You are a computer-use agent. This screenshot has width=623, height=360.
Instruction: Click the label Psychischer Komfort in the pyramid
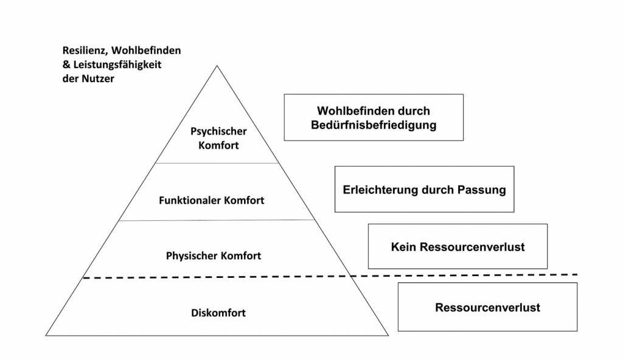tap(218, 138)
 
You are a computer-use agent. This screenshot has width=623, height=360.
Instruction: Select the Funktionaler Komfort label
tap(212, 200)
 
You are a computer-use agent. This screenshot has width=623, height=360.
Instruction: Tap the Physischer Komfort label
tap(214, 256)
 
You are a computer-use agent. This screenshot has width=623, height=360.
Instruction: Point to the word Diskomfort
tap(218, 313)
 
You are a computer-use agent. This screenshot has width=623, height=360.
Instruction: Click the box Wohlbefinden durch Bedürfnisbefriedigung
tap(374, 117)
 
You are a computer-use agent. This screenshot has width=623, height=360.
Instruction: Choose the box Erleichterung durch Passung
tap(424, 189)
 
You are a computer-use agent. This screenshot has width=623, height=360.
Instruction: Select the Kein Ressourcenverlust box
tap(458, 246)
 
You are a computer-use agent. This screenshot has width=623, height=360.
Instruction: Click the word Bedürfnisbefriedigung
tap(374, 125)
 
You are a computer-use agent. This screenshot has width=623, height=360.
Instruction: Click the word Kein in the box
tap(402, 247)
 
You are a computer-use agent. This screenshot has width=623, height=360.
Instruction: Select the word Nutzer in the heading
tap(99, 78)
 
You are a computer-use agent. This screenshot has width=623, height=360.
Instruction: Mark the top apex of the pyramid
tap(217, 66)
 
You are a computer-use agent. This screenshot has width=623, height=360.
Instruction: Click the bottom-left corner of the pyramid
tap(46, 335)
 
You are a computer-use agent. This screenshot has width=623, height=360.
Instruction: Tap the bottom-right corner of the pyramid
tap(388, 335)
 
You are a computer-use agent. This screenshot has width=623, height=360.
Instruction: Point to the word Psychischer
tap(218, 131)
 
